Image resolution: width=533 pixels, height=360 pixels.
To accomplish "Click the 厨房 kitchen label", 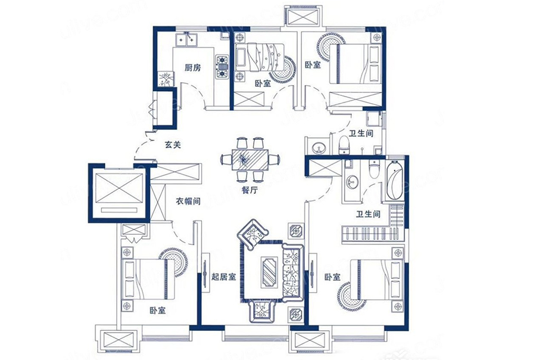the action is point(193,68).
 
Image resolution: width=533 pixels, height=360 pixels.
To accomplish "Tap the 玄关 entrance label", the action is point(173,145).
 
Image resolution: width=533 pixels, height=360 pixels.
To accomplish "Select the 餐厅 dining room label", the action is point(250,190).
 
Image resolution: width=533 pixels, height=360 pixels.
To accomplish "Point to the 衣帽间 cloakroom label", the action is point(188,201).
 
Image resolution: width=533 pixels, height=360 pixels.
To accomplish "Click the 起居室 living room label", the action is point(224,277).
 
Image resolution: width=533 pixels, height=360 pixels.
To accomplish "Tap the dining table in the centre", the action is point(250,160).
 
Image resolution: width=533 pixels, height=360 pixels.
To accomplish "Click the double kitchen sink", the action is point(186,39).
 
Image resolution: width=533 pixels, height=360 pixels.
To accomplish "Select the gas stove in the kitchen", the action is point(222,66).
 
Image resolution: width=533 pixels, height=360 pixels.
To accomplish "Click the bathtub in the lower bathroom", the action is point(395,181).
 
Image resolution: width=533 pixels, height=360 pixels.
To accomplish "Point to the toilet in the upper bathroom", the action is point(344,145).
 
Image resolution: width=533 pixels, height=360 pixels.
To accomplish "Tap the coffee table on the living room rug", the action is point(268,271).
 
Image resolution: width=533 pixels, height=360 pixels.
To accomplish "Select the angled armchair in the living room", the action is point(253,234).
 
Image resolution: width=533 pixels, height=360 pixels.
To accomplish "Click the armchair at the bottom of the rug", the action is point(261,311).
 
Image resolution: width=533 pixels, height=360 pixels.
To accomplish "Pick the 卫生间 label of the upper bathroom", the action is point(361,134).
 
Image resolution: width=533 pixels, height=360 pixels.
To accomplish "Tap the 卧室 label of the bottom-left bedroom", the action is point(158,311).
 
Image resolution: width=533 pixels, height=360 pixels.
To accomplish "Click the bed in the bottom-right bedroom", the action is point(376,280).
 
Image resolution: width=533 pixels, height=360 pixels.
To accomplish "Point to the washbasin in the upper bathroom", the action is point(319,147).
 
